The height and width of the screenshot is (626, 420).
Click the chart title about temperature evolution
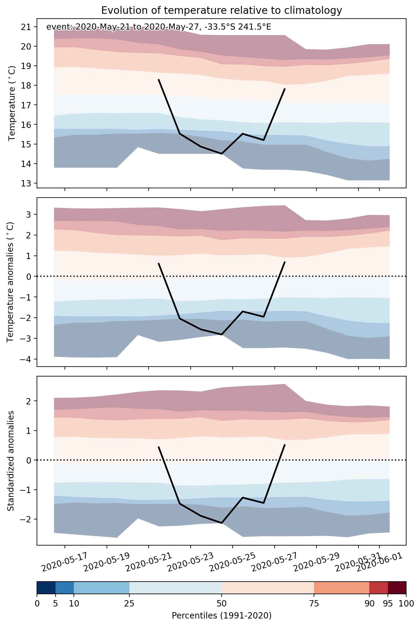click(222, 11)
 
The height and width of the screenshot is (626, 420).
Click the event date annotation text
click(159, 27)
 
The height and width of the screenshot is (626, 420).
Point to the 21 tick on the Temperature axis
click(27, 27)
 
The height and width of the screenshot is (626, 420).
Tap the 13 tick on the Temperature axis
click(27, 183)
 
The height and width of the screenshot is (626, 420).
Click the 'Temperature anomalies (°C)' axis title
click(10, 282)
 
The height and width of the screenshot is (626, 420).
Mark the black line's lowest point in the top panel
click(222, 154)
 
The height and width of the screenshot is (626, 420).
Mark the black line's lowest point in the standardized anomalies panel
click(222, 523)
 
